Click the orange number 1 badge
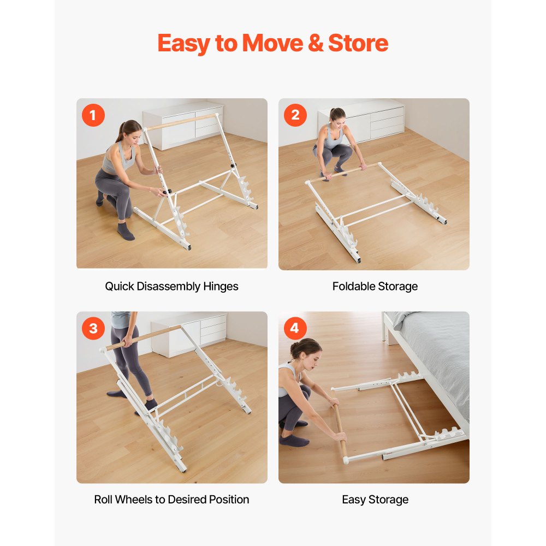tap(93, 115)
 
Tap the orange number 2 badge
tap(295, 115)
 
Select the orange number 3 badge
tap(93, 328)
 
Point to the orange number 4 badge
tap(295, 328)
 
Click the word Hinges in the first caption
tap(221, 287)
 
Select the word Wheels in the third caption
tap(133, 500)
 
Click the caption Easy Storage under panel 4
tap(375, 500)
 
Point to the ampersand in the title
tap(317, 43)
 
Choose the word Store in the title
tap(358, 43)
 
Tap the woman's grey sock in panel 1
tap(125, 232)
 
